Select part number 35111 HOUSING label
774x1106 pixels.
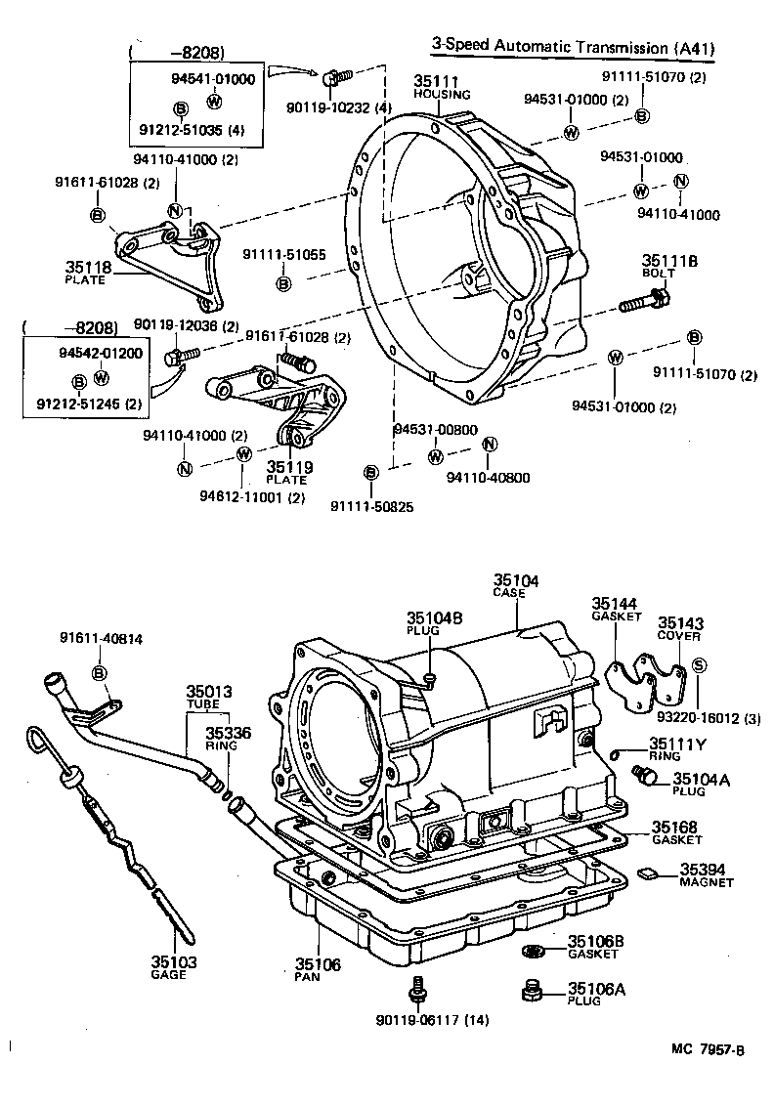(442, 87)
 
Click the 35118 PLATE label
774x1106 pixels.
(88, 271)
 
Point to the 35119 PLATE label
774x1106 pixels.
(289, 473)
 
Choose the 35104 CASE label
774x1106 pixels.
(515, 586)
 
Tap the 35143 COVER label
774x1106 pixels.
(680, 628)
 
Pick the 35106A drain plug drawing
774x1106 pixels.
(533, 992)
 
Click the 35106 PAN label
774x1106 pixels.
(318, 970)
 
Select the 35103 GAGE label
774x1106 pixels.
(174, 968)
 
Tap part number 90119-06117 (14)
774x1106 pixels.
(431, 1021)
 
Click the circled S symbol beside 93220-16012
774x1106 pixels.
(699, 665)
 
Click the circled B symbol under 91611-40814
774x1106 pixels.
(99, 672)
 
